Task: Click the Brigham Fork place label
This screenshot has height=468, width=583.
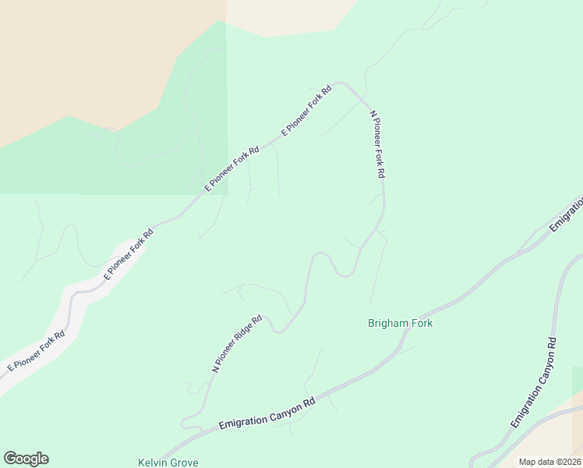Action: tap(400, 323)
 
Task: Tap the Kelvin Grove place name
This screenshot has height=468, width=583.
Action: tap(168, 463)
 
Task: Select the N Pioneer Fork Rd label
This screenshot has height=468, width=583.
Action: tap(377, 145)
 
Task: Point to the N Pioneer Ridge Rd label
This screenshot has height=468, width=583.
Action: tap(239, 343)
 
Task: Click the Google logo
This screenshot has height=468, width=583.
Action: tap(26, 459)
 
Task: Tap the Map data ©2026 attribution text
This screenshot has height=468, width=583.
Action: tap(550, 462)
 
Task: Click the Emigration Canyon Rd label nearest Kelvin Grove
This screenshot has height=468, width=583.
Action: tap(267, 414)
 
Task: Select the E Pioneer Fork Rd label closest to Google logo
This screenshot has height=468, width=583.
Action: tap(36, 350)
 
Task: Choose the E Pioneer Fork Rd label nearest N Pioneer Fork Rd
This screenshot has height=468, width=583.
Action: tap(306, 109)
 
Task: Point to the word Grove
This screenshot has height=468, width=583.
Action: tap(185, 463)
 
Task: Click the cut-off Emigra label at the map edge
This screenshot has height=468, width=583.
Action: tap(567, 214)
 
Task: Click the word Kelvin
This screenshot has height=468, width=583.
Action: tap(153, 463)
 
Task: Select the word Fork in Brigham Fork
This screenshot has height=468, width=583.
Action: tap(421, 323)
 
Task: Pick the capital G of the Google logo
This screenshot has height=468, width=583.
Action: tap(10, 459)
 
